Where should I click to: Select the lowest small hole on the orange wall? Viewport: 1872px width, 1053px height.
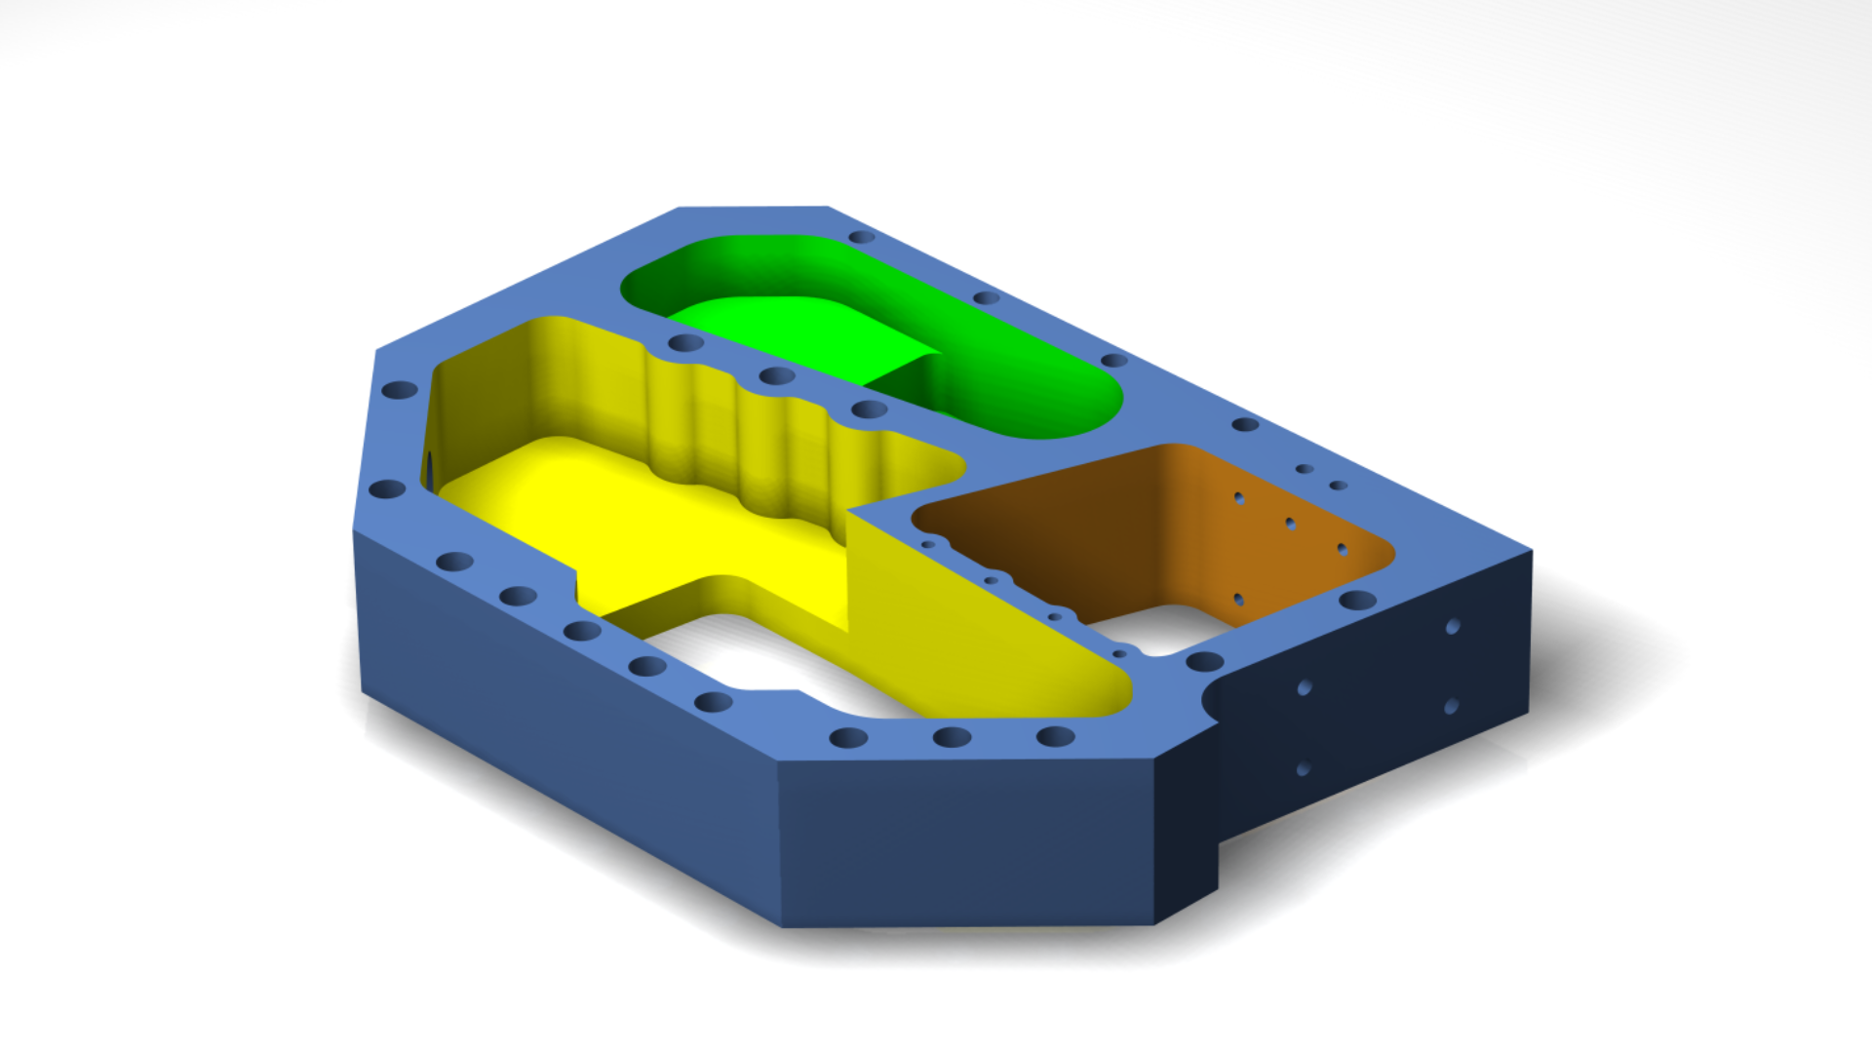tap(1238, 599)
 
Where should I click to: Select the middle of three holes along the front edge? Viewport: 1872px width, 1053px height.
tap(952, 737)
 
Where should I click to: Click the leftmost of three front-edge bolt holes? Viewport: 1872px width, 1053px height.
tap(848, 738)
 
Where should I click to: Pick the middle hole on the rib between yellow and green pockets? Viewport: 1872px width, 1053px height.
tap(777, 375)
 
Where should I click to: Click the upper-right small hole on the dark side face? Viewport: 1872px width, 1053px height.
tap(1453, 627)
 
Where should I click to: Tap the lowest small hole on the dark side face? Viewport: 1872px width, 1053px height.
tap(1303, 769)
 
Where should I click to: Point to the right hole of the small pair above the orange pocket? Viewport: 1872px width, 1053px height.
tap(1339, 485)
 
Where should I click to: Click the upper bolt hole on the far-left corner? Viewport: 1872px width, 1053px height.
tap(399, 390)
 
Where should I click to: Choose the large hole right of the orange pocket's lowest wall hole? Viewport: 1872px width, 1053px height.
tap(1357, 600)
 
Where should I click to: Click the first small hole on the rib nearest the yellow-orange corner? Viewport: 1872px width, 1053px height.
tap(928, 544)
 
